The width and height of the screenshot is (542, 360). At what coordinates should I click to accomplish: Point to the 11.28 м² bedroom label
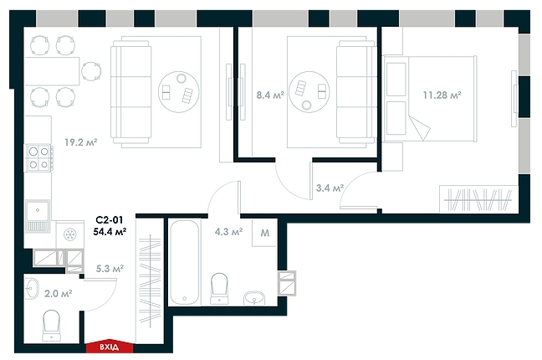442,95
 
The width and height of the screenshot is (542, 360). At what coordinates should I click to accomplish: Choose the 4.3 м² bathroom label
228,232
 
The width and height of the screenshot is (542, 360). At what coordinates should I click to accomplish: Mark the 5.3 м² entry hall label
110,269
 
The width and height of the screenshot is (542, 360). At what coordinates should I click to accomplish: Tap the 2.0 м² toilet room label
58,293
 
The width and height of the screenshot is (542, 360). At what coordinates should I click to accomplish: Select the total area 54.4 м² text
110,232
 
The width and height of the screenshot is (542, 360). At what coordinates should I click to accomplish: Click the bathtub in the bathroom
182,262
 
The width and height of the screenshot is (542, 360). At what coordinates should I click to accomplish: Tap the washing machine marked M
264,233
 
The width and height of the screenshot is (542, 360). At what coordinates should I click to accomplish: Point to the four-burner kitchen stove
38,158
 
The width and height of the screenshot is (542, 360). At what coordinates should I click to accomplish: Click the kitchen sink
38,214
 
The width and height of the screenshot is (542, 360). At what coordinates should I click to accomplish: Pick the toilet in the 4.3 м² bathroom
220,286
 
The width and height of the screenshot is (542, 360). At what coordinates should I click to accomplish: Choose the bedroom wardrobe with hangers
478,200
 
